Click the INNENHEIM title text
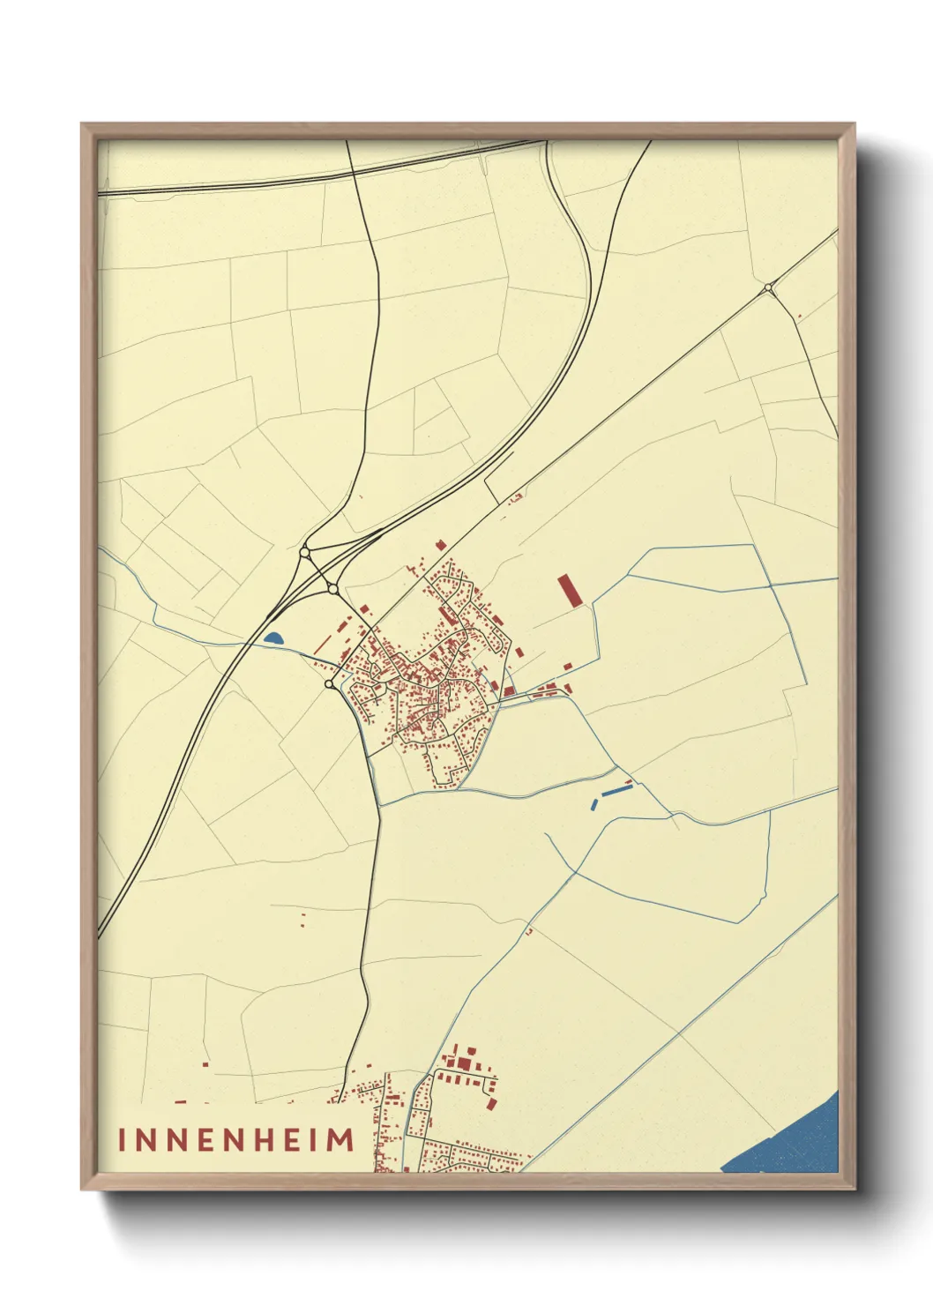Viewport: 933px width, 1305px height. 236,1139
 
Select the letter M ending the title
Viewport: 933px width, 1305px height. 340,1139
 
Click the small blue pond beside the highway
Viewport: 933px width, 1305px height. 273,638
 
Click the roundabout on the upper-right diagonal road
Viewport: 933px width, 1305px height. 769,287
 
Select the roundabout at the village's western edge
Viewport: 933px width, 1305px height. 329,684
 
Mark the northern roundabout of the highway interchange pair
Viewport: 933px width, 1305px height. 305,553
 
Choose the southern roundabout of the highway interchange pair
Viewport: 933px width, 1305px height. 332,588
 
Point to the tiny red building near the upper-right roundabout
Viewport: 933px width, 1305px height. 799,316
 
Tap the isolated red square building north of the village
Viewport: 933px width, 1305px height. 440,546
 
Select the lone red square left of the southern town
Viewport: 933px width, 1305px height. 205,1064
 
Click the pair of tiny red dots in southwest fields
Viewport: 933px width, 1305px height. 303,920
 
